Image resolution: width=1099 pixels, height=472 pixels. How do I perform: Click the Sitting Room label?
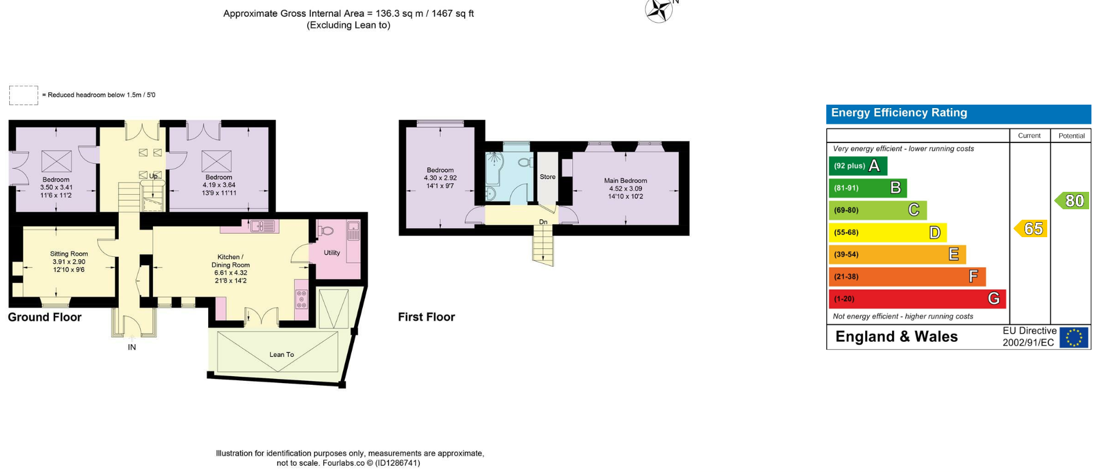[x=69, y=254]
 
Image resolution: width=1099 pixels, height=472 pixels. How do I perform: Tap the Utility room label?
[x=332, y=253]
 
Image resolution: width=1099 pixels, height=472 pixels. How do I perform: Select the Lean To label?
[x=281, y=355]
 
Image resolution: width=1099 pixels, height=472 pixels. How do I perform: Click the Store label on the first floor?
[x=548, y=177]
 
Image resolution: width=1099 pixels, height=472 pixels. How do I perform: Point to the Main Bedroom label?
[x=625, y=181]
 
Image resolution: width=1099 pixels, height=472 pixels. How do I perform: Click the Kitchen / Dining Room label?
[x=230, y=261]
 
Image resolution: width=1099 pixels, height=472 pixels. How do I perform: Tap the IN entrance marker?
[x=132, y=347]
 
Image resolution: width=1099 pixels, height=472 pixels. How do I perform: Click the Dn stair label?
[x=543, y=222]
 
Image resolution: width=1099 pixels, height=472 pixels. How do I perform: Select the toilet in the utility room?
[x=326, y=231]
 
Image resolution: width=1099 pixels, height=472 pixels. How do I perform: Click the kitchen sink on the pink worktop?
[x=263, y=226]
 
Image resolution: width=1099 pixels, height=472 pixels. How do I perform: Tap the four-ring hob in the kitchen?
[x=301, y=299]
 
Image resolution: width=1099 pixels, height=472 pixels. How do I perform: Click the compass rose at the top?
[x=659, y=10]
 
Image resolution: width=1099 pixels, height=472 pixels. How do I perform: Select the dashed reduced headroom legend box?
[x=24, y=95]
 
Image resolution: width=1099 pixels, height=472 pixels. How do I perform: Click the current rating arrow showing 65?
[x=1030, y=228]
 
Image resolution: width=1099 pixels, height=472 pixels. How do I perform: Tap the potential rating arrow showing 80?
[x=1072, y=201]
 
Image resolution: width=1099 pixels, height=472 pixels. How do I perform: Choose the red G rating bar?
[x=917, y=299]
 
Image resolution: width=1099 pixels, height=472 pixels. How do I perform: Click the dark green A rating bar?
[x=858, y=166]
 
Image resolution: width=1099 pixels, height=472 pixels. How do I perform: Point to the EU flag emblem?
[x=1073, y=338]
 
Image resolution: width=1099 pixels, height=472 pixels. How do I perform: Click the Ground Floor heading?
[x=45, y=317]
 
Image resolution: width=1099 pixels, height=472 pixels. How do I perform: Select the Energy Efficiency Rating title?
[x=899, y=113]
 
